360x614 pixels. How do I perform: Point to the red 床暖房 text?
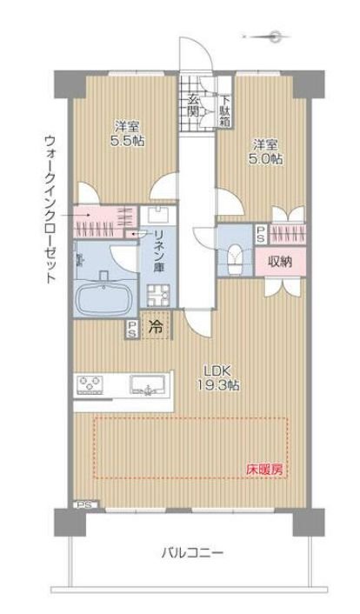(263, 469)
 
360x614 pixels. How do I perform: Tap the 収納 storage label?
(278, 260)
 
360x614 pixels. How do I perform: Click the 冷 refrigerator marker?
(156, 329)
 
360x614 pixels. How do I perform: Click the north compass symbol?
(275, 37)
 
